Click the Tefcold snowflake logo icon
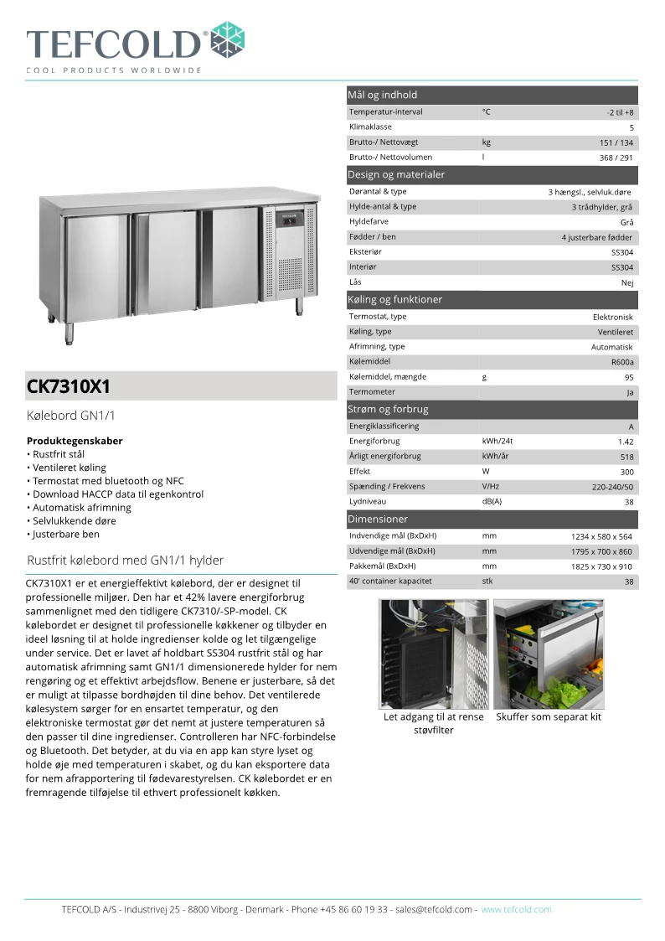229,39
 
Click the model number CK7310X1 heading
69,387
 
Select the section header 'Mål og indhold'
382,95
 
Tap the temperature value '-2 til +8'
620,112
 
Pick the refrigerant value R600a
622,362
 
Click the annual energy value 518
626,457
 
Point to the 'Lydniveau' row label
369,501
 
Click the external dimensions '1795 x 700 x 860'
601,551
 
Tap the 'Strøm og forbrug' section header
388,409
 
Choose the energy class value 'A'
631,427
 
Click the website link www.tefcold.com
516,909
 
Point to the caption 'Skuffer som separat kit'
549,716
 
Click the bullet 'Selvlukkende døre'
70,520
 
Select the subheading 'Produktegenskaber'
75,440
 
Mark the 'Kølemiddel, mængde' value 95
628,377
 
